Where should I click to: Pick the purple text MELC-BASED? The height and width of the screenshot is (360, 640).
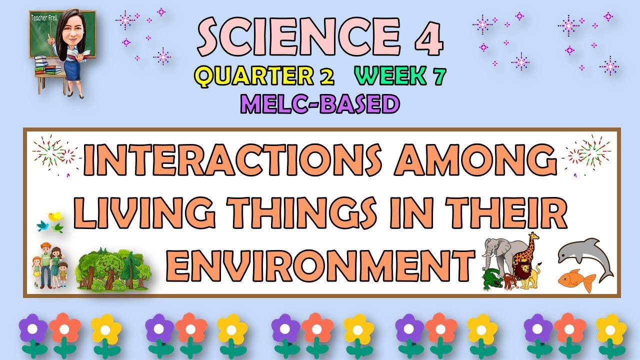320,104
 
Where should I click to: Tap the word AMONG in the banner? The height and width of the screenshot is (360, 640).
475,159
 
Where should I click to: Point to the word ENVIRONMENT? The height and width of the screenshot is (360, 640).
320,265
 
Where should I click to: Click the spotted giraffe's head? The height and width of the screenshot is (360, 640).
534,237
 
